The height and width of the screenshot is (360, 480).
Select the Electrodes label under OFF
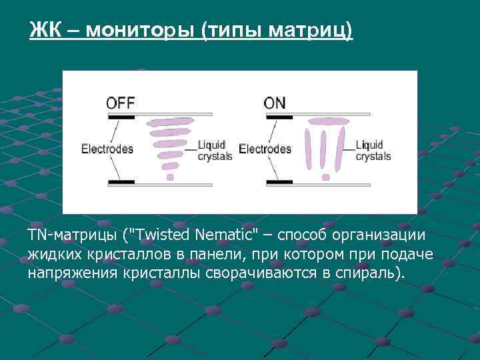coord(107,149)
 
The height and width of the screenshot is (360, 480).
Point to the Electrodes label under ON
coord(265,149)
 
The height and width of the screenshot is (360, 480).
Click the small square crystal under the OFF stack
coord(170,177)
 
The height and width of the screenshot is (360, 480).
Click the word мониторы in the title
coord(139,30)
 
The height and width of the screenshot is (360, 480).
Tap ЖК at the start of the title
coord(44,30)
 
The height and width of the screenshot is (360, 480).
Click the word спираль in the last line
coord(371,273)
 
